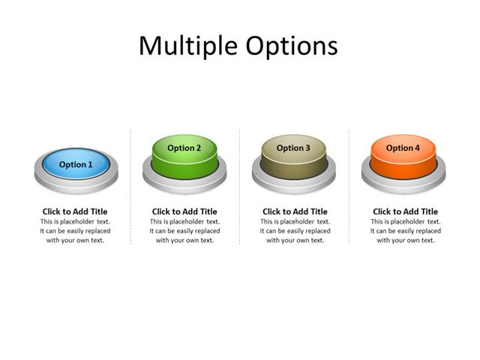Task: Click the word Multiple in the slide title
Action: [188, 46]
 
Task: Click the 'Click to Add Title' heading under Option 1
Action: [75, 211]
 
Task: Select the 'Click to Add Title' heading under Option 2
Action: [184, 211]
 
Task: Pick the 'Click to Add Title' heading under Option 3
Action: [295, 211]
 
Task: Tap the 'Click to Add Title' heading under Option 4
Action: [405, 211]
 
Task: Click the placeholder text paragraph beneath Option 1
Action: [75, 231]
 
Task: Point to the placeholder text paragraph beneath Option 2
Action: [184, 231]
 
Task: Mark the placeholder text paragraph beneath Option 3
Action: [295, 231]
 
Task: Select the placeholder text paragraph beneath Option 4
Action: [405, 231]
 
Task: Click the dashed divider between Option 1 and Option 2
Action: [130, 187]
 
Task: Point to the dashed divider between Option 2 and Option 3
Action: [240, 187]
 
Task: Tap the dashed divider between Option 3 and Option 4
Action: [349, 187]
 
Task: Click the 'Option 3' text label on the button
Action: [293, 148]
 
